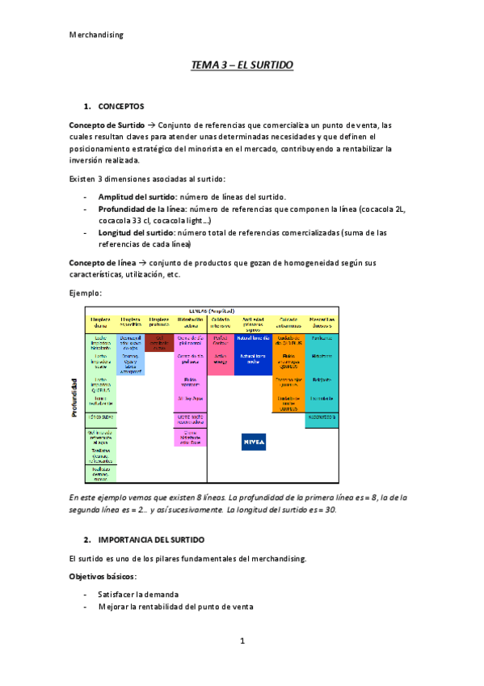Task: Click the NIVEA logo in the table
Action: [x=254, y=443]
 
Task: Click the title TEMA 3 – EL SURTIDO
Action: [x=242, y=64]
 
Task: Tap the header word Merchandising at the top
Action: [x=96, y=35]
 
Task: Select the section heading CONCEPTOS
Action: [x=120, y=106]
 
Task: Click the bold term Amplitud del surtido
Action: [x=137, y=197]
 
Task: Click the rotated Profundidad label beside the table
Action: [x=74, y=398]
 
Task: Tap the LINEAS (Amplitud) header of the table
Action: [x=212, y=311]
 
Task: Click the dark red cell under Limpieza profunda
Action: [x=159, y=342]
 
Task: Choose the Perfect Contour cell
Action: [x=221, y=340]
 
